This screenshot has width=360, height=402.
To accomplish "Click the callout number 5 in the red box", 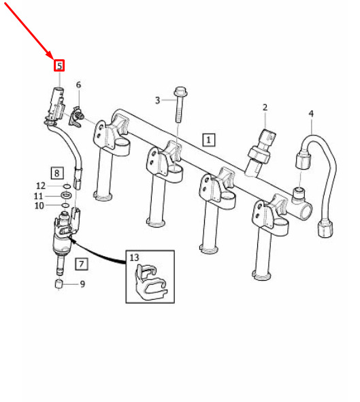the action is [59, 65].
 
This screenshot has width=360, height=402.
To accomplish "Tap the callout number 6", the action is [78, 84].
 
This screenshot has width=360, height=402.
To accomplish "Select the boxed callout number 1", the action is [209, 140].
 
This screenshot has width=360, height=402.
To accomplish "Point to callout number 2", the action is [265, 108].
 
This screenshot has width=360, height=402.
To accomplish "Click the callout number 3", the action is [157, 100].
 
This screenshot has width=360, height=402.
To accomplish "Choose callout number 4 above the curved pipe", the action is [311, 113].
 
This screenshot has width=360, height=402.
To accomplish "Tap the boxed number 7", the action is [82, 264].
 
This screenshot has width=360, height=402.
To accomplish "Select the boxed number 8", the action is [57, 173].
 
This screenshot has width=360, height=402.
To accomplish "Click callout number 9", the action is [82, 284].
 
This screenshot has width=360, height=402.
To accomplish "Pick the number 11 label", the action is [38, 196].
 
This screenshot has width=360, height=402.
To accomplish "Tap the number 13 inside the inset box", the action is [134, 258].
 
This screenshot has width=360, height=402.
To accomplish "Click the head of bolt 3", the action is [181, 91].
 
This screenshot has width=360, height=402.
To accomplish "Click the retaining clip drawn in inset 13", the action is [151, 282].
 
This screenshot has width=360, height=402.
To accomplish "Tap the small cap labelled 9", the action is [59, 284].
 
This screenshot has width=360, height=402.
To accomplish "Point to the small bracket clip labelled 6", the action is [76, 117].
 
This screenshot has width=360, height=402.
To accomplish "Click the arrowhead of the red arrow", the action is [50, 56].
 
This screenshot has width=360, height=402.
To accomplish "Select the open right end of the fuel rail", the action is [306, 211].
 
